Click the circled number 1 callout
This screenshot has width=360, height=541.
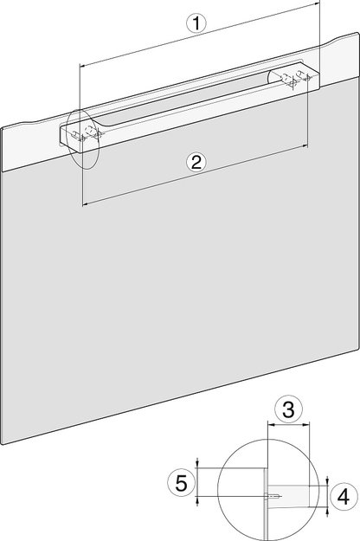pos(198,26)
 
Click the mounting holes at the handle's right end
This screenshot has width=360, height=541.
pos(292,79)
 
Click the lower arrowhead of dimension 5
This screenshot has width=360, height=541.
pos(199,499)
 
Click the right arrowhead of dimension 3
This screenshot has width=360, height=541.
pos(308,425)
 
